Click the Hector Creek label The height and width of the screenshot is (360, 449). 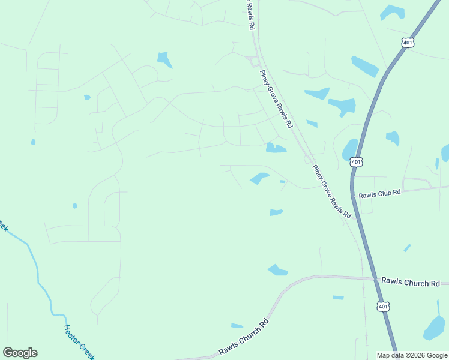tap(79, 343)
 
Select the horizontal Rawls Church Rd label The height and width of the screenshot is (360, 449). tap(410, 282)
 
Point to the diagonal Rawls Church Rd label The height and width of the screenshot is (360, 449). tap(244, 338)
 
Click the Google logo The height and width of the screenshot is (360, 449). tap(20, 353)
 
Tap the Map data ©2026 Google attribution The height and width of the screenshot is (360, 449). tap(412, 355)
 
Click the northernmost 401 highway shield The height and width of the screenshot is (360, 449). tap(408, 43)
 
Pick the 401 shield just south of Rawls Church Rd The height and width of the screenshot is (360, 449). tap(382, 307)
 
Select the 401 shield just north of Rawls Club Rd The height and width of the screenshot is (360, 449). tap(357, 162)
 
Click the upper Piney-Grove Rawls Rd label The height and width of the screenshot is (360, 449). tap(276, 99)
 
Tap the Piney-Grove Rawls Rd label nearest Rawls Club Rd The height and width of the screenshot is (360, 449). tap(332, 192)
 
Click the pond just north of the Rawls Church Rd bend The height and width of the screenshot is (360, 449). tap(277, 270)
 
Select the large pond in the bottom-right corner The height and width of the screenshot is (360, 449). tap(434, 328)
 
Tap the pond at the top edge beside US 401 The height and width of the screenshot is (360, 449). tap(393, 11)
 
